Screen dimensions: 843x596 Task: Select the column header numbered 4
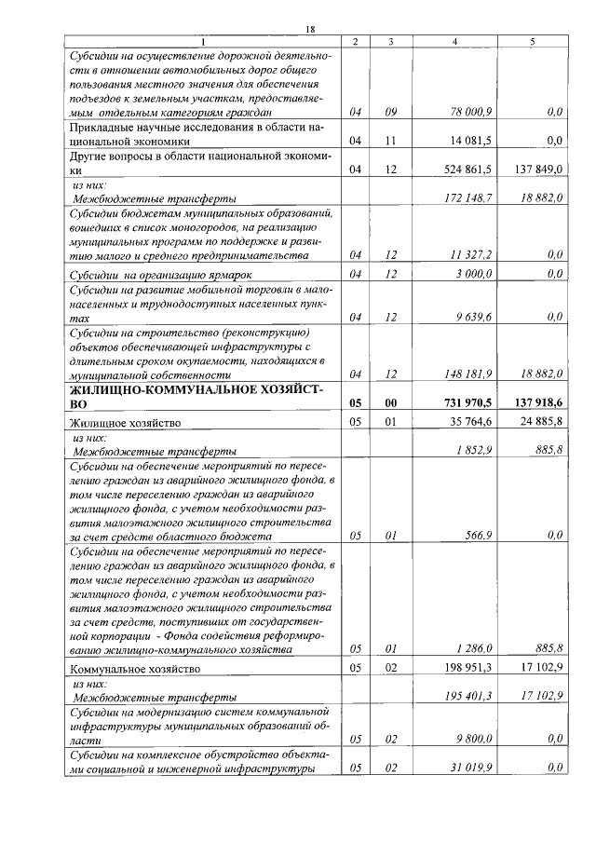pyautogui.click(x=454, y=42)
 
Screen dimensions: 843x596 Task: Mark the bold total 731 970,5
pyautogui.click(x=468, y=403)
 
